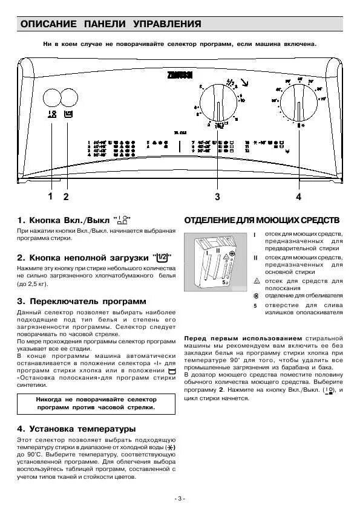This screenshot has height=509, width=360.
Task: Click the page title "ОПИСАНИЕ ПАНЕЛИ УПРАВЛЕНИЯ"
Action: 111,24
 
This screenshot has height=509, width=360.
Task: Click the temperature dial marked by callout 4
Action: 298,103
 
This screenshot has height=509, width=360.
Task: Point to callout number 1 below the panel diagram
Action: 50,196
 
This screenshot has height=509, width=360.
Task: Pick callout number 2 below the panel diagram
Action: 66,196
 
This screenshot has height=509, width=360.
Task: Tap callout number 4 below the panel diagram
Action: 298,196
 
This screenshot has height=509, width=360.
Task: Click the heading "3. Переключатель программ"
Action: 81,300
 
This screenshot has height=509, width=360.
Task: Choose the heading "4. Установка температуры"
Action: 76,429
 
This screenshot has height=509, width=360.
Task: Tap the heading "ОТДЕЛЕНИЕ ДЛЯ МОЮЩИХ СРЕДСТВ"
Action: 262,219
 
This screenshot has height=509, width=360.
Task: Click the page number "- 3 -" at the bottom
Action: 180,498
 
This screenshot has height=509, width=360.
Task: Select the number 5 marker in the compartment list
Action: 255,305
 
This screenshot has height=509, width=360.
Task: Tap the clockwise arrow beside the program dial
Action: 243,83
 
